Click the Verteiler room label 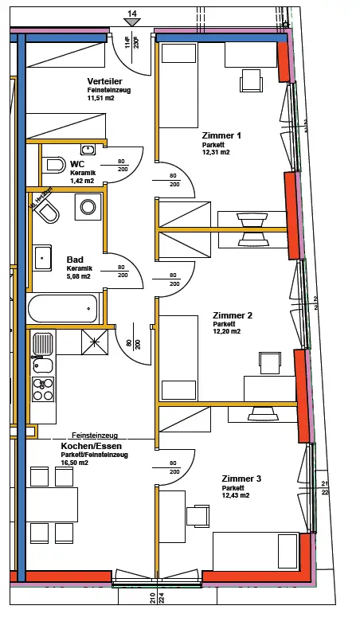coord(104,81)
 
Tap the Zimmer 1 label coord(221,135)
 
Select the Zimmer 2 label coord(233,315)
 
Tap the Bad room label coord(75,260)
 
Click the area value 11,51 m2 coord(101,99)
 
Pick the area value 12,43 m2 coord(236,495)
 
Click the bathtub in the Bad coord(62,307)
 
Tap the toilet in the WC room coord(54,165)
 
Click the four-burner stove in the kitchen coord(42,389)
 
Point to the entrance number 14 coord(132,14)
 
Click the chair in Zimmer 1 coord(251,80)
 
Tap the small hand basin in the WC coord(88,149)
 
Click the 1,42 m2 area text coord(81,182)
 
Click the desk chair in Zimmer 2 coord(269,362)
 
